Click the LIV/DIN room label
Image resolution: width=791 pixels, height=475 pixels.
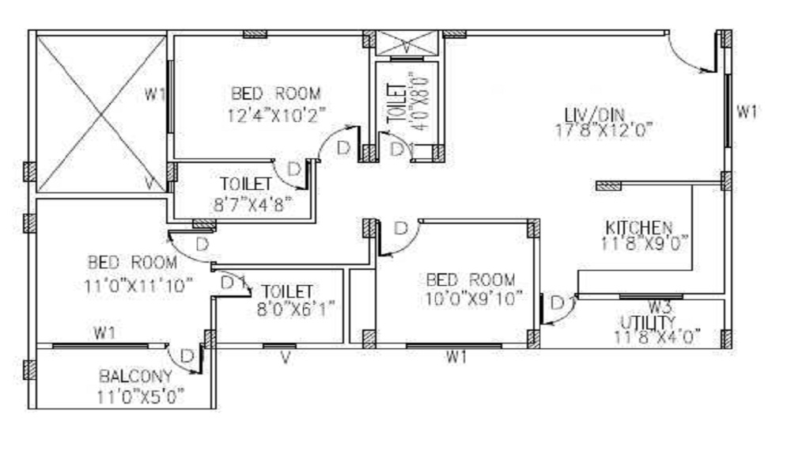(x=594, y=115)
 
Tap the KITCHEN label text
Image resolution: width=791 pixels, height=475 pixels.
(x=638, y=228)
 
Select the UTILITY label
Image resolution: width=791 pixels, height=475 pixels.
(x=647, y=322)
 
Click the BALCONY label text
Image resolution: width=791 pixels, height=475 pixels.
(x=135, y=377)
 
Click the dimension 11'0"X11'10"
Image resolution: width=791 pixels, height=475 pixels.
(x=138, y=286)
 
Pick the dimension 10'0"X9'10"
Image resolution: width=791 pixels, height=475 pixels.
(x=471, y=298)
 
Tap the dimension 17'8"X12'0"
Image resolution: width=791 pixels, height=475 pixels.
(x=604, y=131)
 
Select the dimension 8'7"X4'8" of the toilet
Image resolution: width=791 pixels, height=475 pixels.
(x=253, y=204)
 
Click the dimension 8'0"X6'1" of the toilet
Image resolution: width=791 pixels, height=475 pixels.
(x=296, y=309)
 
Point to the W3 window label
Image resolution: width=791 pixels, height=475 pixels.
(x=659, y=306)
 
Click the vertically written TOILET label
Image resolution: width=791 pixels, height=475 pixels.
(x=396, y=104)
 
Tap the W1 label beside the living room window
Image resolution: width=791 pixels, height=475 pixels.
(x=747, y=112)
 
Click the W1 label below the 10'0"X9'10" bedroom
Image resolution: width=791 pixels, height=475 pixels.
(x=456, y=357)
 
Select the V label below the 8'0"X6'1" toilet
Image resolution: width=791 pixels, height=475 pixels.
(x=286, y=358)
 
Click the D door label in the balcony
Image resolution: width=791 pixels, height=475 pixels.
(x=187, y=356)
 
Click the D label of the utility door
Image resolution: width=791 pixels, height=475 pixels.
(x=557, y=303)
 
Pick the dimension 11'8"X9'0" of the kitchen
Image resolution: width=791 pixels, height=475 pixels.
(x=644, y=243)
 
